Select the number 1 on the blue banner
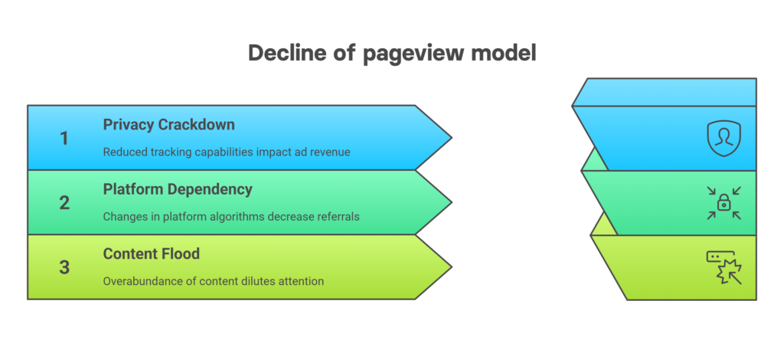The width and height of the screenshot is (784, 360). click(x=64, y=139)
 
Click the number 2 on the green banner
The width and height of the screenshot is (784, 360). click(x=64, y=203)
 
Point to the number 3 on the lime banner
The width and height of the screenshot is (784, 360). click(x=64, y=267)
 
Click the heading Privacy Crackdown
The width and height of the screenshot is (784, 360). click(x=168, y=125)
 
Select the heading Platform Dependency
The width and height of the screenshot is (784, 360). click(x=178, y=189)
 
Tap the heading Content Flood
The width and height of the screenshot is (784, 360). click(x=151, y=254)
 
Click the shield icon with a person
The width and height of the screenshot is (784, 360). click(x=724, y=139)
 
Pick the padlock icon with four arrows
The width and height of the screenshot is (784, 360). click(x=724, y=203)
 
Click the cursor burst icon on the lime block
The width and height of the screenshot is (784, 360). click(x=724, y=267)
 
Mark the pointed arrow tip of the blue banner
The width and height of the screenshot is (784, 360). click(x=452, y=138)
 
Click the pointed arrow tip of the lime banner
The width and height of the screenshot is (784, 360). click(x=452, y=267)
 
